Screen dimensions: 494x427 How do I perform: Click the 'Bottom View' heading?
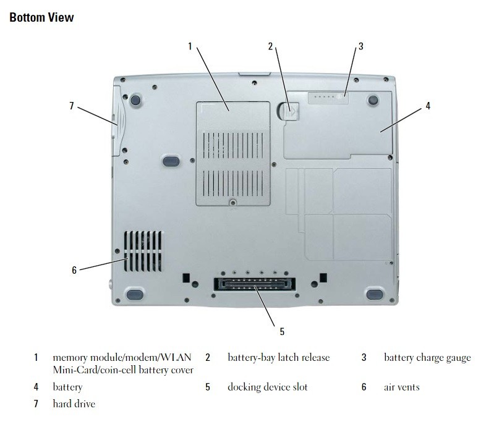point(41,17)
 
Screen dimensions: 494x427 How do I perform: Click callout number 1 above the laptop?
point(190,46)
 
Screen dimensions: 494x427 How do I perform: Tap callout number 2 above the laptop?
point(270,46)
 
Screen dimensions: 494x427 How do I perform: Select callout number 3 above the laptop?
point(360,46)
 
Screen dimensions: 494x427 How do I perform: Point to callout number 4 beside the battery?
point(428,106)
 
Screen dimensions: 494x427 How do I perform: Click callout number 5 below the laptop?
point(282,331)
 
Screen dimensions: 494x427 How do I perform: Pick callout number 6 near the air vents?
point(74,270)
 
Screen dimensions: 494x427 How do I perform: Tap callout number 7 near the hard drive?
point(72,106)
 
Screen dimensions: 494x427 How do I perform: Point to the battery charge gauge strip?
point(328,97)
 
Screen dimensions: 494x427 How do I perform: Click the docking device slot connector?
point(255,284)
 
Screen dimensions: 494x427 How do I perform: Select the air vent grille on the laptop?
point(143,252)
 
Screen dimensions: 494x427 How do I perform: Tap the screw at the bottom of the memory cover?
point(232,202)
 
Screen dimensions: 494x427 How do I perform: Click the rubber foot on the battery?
point(373,101)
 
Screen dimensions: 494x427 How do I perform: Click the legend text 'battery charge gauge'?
point(427,358)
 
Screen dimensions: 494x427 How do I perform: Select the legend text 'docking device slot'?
point(268,387)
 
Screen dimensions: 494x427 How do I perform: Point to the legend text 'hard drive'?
point(74,404)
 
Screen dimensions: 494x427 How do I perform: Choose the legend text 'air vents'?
point(402,387)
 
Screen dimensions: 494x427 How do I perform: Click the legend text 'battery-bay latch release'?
point(278,358)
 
